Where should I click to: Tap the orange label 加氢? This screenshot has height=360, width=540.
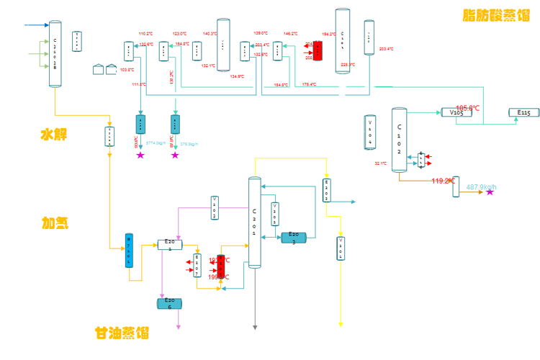[x=55, y=223]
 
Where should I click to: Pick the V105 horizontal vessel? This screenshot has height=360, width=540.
[x=456, y=112]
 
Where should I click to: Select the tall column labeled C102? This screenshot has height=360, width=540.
[x=400, y=140]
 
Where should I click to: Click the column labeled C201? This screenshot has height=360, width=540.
[x=253, y=223]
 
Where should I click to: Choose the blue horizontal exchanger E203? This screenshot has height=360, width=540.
[x=294, y=237]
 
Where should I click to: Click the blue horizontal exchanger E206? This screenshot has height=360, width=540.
[x=170, y=302]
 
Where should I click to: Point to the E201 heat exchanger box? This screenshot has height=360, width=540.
[x=170, y=245]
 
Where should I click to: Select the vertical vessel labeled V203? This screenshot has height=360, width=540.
[x=215, y=207]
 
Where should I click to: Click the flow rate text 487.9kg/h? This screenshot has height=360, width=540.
[x=482, y=188]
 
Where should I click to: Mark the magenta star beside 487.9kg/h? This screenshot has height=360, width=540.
[x=490, y=192]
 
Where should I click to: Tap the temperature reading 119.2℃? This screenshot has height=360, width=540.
[x=442, y=181]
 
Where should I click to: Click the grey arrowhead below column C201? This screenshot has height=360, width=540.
[x=255, y=327]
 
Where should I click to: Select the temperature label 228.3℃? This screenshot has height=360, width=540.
[x=348, y=65]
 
